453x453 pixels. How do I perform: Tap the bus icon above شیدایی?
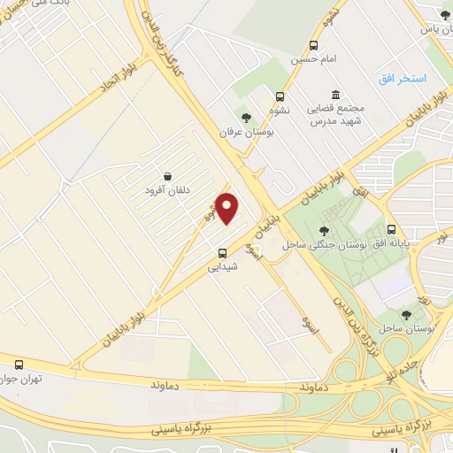221,250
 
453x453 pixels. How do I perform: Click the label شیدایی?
221,265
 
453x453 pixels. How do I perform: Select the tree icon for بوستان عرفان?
246,117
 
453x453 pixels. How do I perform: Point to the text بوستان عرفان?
247,131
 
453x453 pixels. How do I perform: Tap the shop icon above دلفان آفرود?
168,175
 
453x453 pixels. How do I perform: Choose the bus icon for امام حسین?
313,46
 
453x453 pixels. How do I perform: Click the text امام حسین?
313,60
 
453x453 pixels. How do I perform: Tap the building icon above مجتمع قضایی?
335,95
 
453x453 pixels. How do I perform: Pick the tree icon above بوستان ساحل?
406,314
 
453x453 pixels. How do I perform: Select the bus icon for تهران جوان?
19,364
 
